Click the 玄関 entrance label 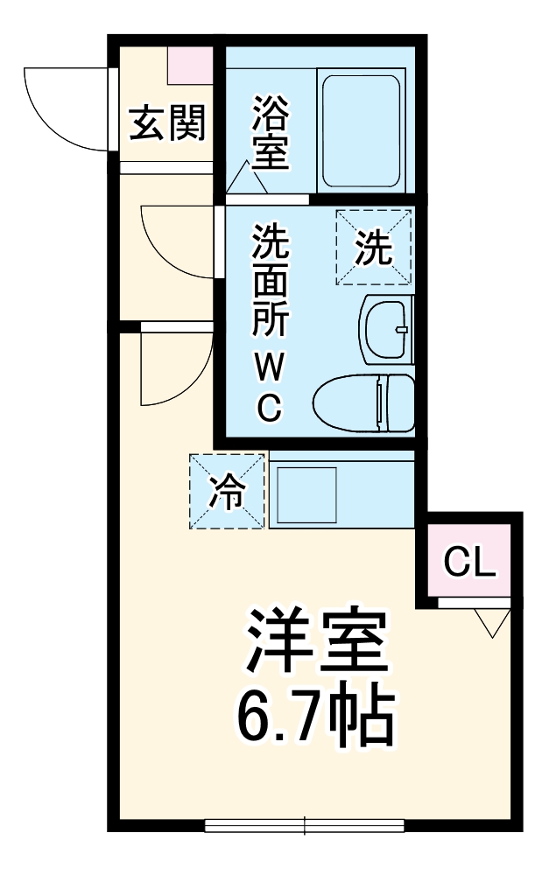[167, 123]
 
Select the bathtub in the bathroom [361, 133]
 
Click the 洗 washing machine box [373, 248]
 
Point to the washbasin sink [386, 328]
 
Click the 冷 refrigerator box [227, 492]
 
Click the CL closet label [470, 563]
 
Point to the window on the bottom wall [304, 824]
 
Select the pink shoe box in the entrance [190, 61]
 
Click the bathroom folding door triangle [247, 181]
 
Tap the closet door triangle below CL [493, 622]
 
